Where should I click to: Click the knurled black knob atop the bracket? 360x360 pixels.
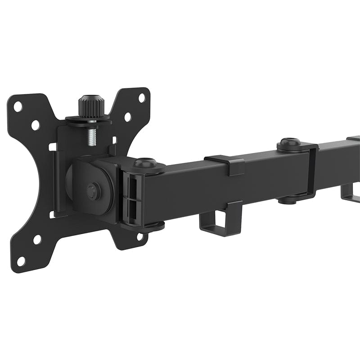[91, 106]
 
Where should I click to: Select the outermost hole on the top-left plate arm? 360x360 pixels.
[18, 107]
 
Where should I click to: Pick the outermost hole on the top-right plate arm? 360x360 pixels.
[141, 98]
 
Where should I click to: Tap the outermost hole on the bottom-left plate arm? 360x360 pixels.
[21, 261]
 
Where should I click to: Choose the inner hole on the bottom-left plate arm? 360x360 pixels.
[37, 239]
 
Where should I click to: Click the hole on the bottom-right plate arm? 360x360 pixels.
[140, 236]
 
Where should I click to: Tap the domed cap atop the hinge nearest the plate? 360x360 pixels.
[145, 163]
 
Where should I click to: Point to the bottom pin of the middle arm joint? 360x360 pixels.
[287, 199]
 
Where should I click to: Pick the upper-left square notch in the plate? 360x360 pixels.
[53, 147]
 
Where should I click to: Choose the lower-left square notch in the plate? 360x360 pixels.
[53, 214]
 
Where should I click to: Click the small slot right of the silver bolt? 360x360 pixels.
[113, 140]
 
